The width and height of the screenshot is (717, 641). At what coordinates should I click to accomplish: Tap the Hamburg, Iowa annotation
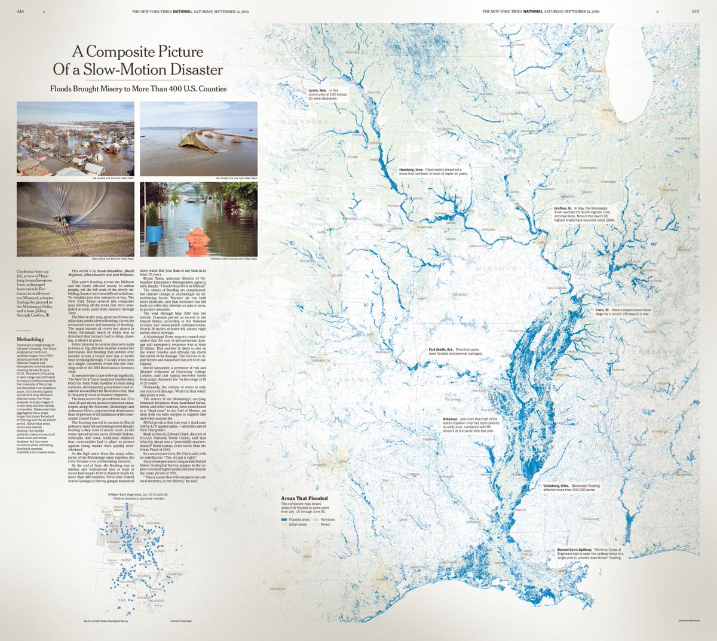[412, 170]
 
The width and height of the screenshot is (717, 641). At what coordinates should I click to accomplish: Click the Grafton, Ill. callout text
[564, 208]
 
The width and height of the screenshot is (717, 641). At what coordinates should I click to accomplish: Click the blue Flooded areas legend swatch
[284, 520]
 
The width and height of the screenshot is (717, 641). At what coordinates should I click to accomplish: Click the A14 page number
[20, 11]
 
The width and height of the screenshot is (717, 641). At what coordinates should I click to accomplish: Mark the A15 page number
[695, 11]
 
